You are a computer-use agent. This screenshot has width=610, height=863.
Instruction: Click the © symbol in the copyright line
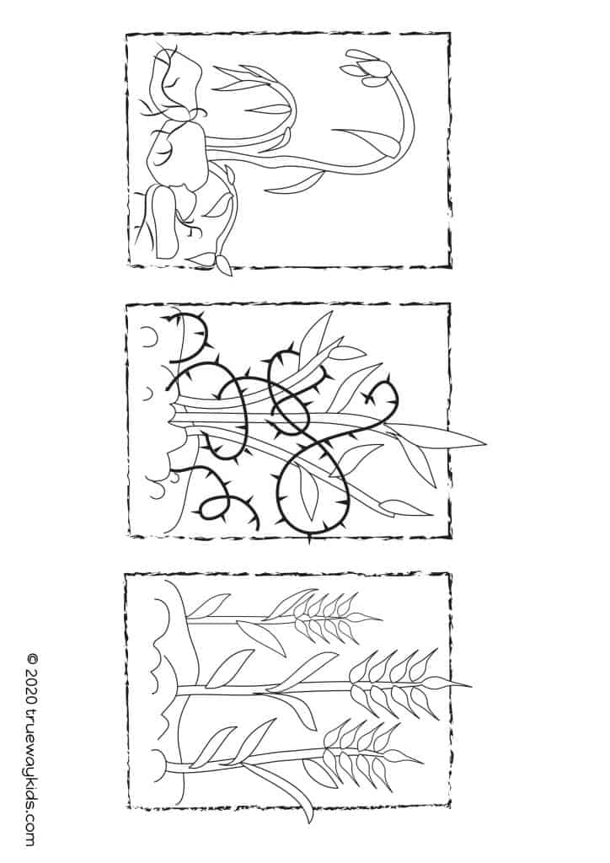click(33, 659)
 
